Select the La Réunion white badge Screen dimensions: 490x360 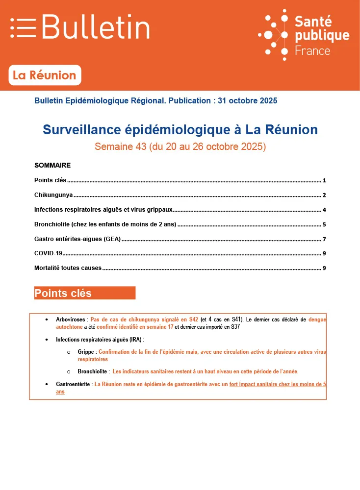(45, 75)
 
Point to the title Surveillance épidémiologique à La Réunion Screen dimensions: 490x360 (180, 130)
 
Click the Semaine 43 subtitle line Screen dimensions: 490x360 (180, 147)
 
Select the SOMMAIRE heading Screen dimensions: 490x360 (52, 165)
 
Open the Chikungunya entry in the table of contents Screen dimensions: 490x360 (53, 195)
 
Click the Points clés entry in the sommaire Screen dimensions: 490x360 (50, 180)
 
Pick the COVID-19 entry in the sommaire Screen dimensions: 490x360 (49, 253)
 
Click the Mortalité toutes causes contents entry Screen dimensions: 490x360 (68, 268)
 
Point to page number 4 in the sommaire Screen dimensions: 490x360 (324, 210)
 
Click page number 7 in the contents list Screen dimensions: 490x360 (324, 240)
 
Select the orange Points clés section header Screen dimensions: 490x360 (84, 293)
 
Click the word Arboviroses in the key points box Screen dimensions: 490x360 (71, 319)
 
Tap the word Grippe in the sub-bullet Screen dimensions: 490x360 (86, 352)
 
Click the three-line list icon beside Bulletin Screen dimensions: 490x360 (23, 27)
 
